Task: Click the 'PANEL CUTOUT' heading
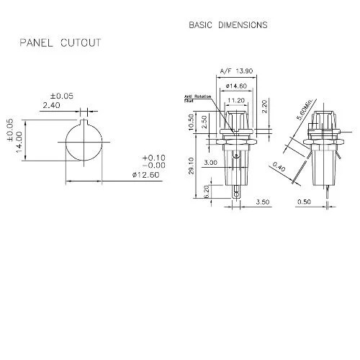(60, 43)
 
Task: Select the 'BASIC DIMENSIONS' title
(228, 24)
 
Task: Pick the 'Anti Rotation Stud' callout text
(197, 99)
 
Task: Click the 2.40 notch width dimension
(51, 105)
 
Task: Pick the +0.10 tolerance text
(154, 157)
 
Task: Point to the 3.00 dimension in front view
(211, 163)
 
